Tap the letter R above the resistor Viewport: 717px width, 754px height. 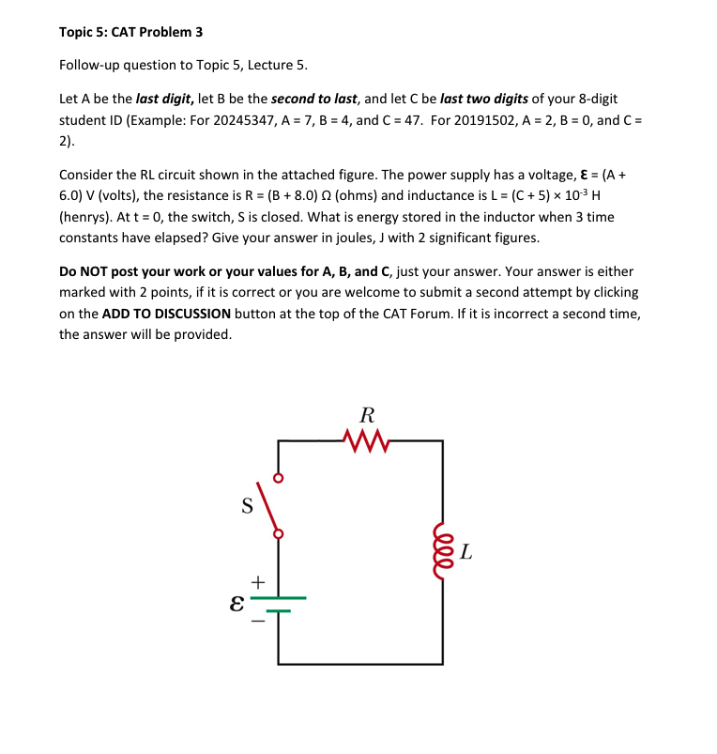(367, 414)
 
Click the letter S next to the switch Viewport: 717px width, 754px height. (248, 506)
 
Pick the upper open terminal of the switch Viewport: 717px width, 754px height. (277, 477)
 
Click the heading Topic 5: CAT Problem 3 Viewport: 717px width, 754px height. (130, 32)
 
